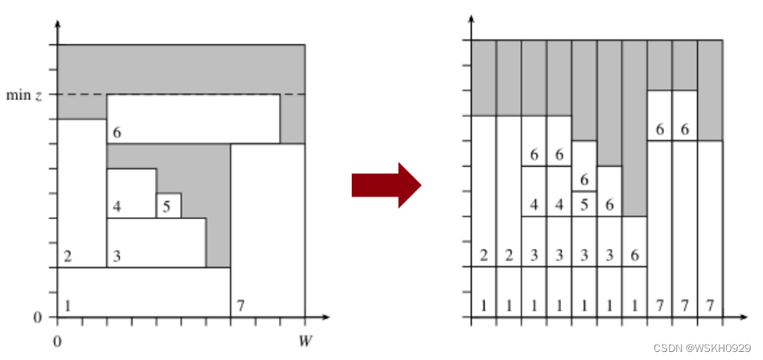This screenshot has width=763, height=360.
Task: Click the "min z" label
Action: click(26, 95)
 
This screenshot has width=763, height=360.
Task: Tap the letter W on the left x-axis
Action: click(304, 341)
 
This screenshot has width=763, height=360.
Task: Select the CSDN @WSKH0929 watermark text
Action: click(703, 349)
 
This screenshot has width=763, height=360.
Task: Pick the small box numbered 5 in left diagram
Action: click(168, 205)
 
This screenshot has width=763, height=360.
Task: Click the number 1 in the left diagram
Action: click(68, 305)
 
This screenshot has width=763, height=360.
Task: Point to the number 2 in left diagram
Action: click(68, 257)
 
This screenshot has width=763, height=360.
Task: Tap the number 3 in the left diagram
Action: click(117, 257)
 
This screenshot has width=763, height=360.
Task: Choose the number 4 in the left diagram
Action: click(117, 207)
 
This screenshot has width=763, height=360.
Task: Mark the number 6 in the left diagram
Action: click(117, 133)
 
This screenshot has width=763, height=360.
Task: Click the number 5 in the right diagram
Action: click(584, 205)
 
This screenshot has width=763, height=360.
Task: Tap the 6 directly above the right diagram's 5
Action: click(584, 179)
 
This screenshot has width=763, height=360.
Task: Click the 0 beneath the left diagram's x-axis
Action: click(57, 341)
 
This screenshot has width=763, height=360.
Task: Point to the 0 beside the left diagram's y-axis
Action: click(37, 317)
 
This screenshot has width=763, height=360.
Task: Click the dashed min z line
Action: click(193, 94)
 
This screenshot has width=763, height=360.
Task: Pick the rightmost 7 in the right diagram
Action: click(709, 306)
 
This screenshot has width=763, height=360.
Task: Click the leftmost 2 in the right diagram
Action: click(484, 255)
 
